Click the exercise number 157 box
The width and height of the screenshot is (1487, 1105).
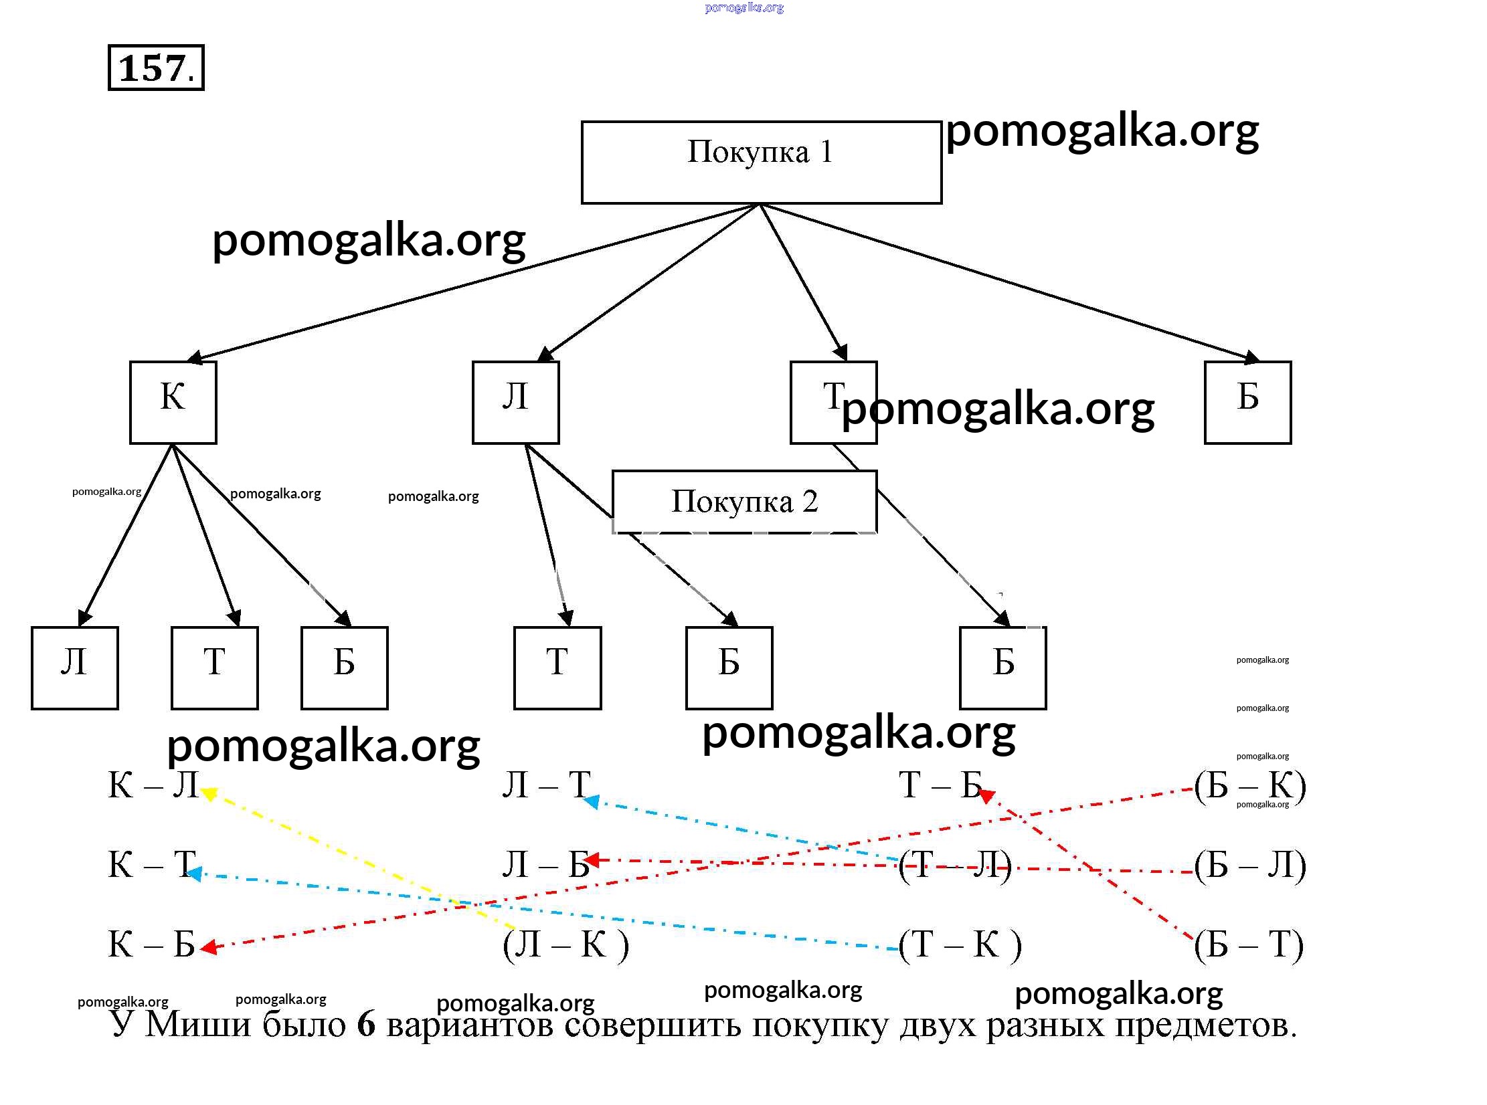[156, 68]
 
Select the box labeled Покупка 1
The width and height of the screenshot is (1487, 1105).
[761, 162]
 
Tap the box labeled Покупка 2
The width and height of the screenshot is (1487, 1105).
[744, 502]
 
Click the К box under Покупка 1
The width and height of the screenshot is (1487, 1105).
[173, 402]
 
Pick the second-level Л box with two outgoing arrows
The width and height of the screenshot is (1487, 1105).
[515, 402]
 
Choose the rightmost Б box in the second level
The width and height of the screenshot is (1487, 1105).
[1247, 402]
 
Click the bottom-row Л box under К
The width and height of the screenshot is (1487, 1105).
[75, 668]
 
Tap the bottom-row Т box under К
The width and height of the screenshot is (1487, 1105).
[214, 668]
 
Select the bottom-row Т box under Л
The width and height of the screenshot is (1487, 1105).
[557, 668]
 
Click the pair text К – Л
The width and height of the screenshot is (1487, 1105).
[153, 785]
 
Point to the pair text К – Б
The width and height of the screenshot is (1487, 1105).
[151, 944]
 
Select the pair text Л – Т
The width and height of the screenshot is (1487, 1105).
[546, 785]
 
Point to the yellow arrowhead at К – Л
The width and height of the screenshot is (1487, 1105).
[208, 794]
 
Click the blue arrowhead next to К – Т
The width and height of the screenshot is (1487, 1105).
[195, 874]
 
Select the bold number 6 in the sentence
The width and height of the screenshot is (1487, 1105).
[366, 1024]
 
